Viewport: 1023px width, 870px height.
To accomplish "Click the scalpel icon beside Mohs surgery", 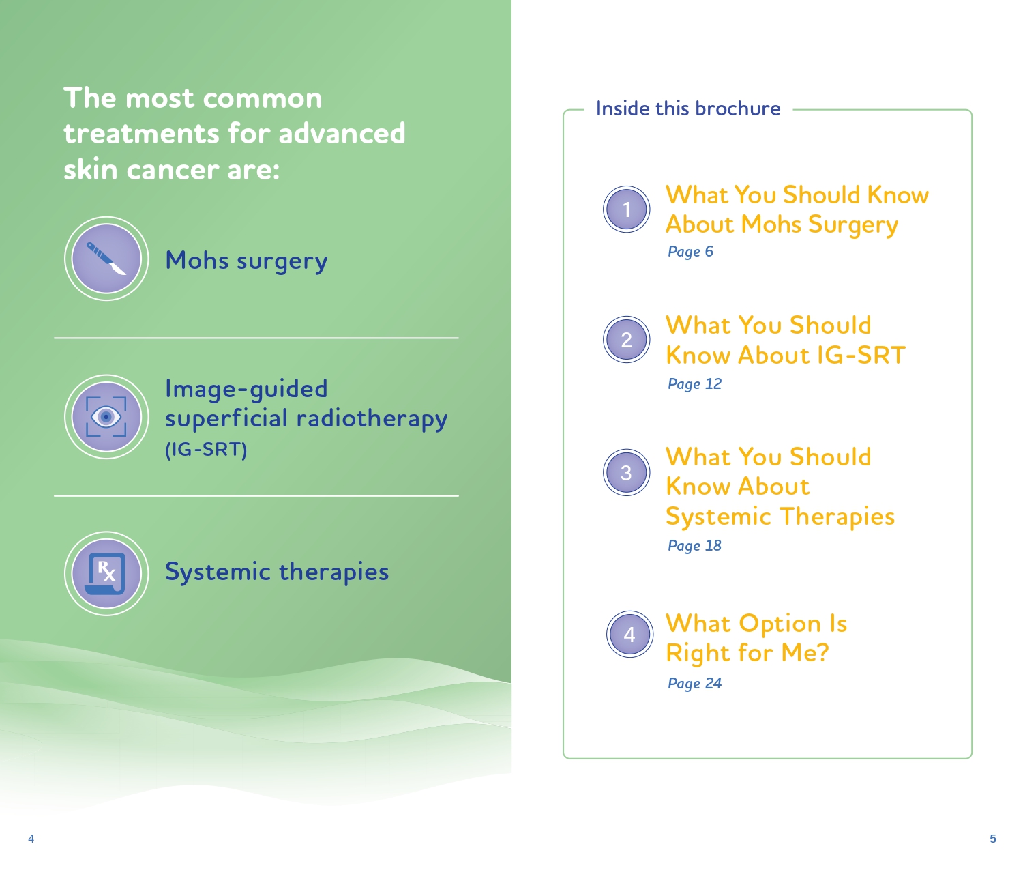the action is point(106,259).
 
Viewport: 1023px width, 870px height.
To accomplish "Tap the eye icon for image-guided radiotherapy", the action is point(106,416).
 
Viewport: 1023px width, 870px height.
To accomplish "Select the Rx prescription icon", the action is point(106,573).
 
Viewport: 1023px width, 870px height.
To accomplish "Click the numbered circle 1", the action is point(626,209).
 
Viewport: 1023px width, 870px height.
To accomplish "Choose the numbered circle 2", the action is point(626,339).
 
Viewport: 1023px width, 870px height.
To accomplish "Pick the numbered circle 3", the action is point(626,472).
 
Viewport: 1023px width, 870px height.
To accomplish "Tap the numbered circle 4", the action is point(629,634).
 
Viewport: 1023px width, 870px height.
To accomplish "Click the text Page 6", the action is point(690,252).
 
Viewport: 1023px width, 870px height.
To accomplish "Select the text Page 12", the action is point(694,383).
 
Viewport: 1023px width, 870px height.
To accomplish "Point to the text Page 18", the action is point(694,546).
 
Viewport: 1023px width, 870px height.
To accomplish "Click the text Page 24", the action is point(694,683).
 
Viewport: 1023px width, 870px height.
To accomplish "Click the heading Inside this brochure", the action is point(688,108).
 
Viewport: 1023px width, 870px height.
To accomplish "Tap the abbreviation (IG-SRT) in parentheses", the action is point(206,450).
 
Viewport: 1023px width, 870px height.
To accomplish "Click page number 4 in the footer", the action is point(31,839).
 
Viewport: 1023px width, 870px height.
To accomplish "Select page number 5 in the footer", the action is point(992,839).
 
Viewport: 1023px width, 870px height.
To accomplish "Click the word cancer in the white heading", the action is point(173,171).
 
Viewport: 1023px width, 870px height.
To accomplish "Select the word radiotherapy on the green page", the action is point(372,419).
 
